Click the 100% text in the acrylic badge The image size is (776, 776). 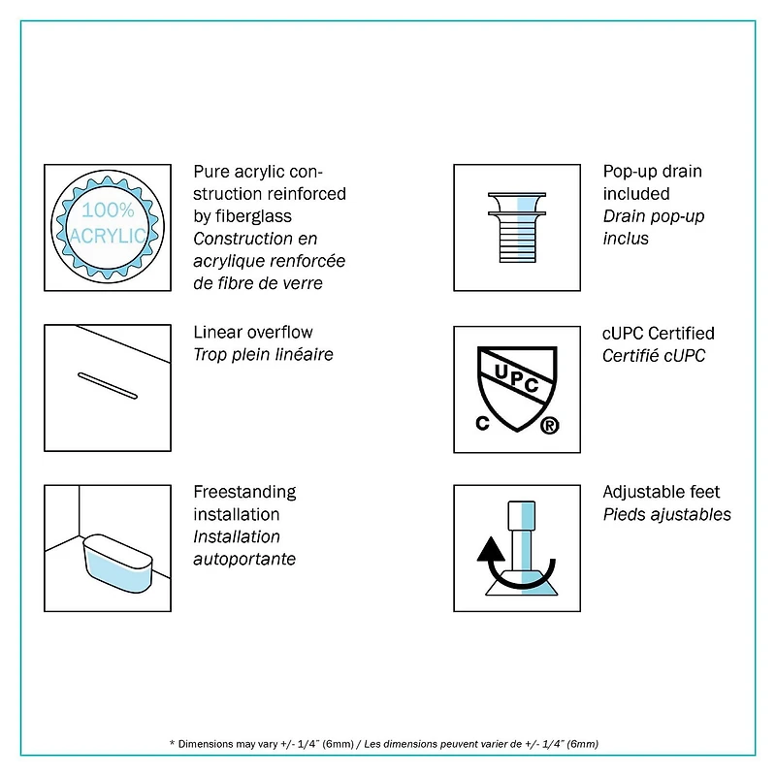[x=108, y=210]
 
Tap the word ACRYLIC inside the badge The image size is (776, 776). [x=108, y=236]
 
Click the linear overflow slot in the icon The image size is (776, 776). [x=108, y=385]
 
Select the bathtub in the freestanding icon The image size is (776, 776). [x=117, y=564]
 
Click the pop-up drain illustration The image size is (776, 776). [x=517, y=227]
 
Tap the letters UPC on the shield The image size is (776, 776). [x=517, y=377]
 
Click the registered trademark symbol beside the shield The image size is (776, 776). [x=549, y=425]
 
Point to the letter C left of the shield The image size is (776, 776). [x=482, y=423]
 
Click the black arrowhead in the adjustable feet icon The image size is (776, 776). [x=491, y=549]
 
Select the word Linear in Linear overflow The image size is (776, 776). [x=216, y=332]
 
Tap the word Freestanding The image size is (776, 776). [x=245, y=493]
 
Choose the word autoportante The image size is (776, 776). [x=244, y=560]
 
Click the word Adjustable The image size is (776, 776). [x=634, y=493]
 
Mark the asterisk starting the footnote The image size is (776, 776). [x=172, y=743]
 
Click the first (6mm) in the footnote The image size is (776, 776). [x=338, y=744]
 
